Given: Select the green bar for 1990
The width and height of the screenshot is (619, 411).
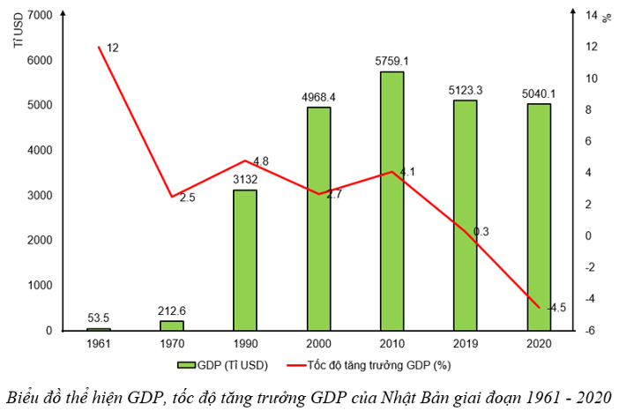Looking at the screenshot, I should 245,260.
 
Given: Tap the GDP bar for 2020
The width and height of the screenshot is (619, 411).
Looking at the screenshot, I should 538,217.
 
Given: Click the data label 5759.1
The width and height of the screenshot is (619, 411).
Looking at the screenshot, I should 392,62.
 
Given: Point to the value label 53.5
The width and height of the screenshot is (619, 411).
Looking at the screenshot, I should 99,318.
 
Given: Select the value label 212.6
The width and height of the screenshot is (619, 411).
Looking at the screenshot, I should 172,310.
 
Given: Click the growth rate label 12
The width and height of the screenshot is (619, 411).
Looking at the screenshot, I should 112,47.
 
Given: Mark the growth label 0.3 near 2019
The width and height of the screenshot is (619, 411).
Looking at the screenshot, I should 481,232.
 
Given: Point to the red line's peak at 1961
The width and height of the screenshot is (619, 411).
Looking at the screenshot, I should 99,47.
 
